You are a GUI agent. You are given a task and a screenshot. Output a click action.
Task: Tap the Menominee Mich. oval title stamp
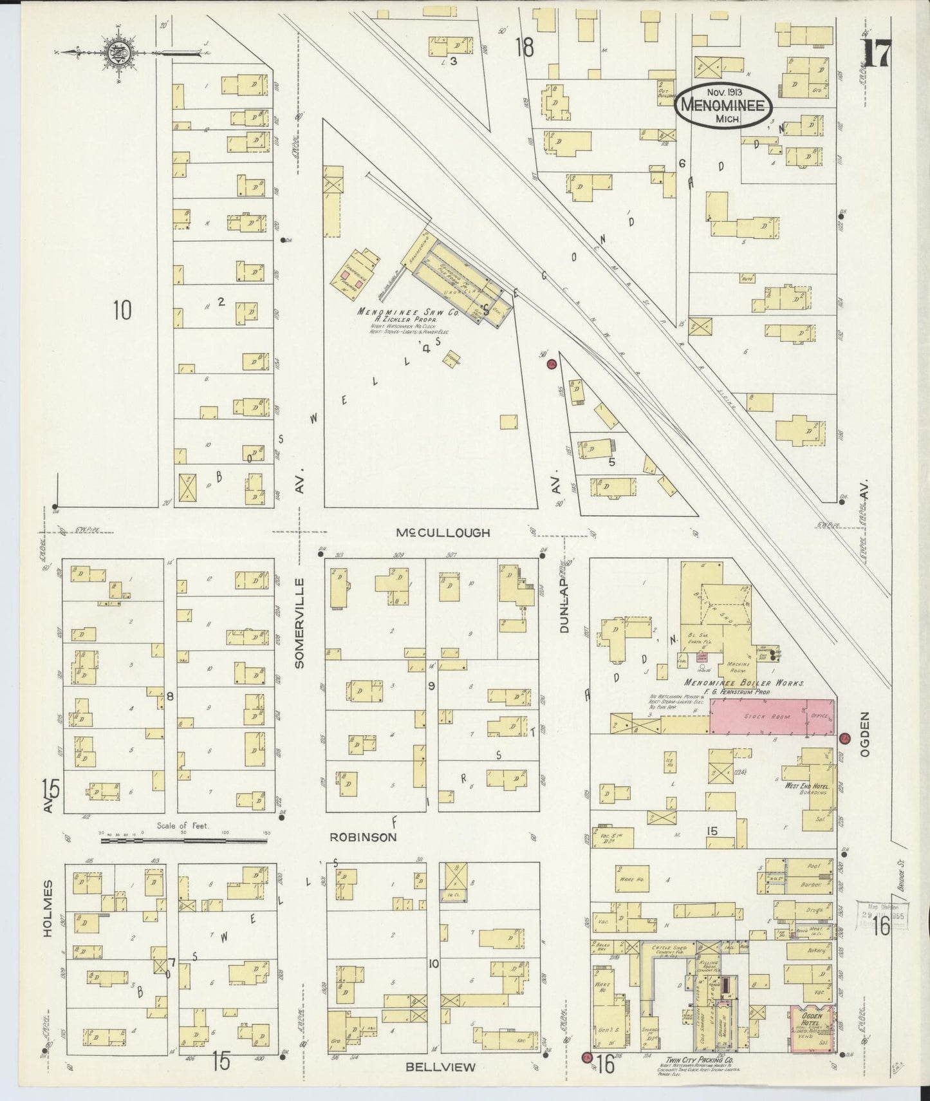(723, 107)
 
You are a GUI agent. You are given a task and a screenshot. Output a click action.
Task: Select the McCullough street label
(443, 532)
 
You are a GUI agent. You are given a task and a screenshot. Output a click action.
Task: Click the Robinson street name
(363, 838)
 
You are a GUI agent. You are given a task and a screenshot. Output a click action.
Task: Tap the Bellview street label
(440, 1067)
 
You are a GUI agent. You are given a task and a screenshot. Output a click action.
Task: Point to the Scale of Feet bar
(184, 840)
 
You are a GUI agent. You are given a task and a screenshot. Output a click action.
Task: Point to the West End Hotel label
(804, 787)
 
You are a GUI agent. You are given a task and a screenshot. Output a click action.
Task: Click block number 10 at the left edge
(122, 310)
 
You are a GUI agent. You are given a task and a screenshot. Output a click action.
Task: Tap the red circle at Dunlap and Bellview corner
(586, 1057)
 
